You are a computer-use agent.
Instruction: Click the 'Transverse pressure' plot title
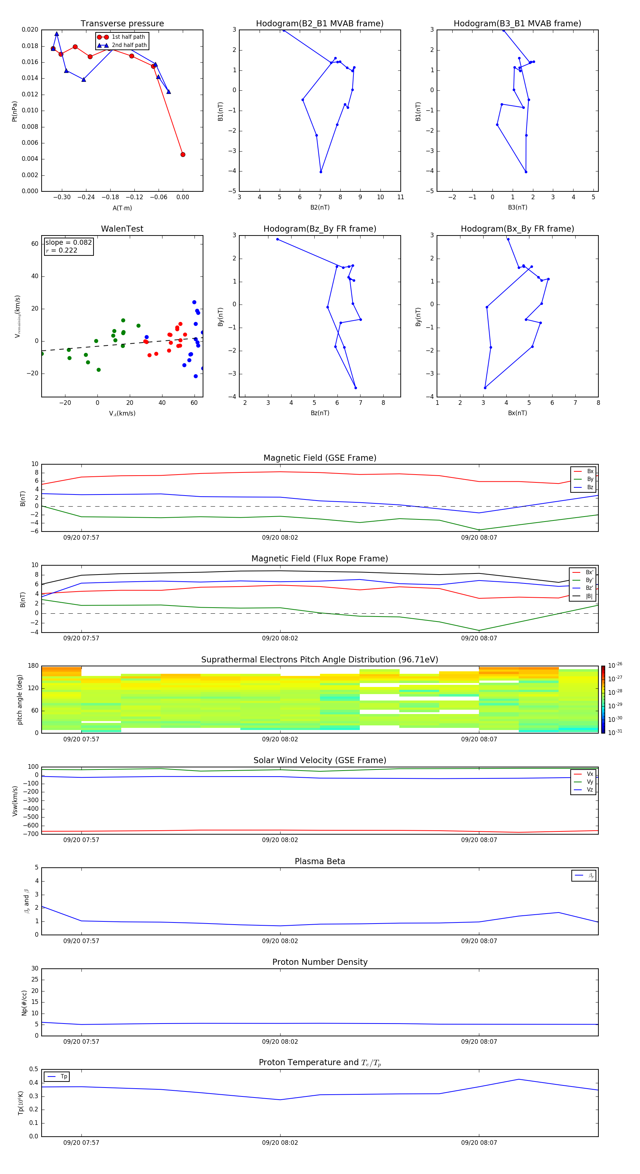122,24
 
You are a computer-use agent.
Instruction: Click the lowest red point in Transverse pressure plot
183,154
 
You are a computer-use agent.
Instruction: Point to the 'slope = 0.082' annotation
68,243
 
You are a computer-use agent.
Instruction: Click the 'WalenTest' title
122,229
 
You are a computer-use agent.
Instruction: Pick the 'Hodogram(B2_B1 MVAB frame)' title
319,24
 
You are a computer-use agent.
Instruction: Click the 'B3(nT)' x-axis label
517,207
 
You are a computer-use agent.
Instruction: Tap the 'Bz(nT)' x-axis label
320,413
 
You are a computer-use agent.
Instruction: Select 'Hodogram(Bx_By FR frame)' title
517,229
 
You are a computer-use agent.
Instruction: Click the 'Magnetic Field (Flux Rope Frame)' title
319,559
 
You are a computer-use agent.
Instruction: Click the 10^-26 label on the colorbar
615,665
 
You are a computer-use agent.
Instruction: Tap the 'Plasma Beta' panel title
319,861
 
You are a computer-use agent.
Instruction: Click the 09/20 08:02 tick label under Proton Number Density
280,1041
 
